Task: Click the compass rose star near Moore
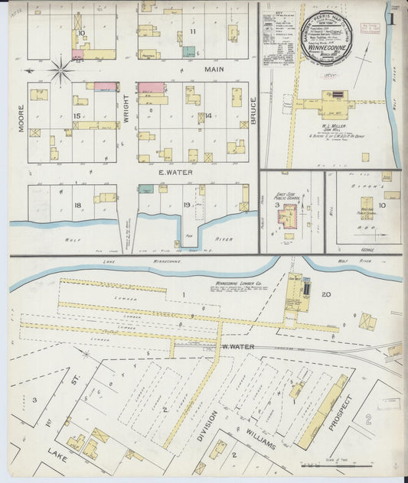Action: [x=60, y=71]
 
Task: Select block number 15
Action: [x=77, y=115]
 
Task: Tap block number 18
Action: [x=77, y=206]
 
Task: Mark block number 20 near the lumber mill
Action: [x=325, y=294]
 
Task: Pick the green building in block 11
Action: [x=188, y=52]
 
